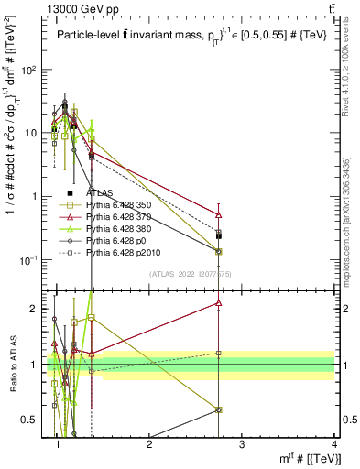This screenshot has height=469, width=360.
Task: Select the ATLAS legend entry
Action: [x=101, y=193]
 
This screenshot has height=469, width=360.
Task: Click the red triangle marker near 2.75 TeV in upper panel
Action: [x=218, y=214]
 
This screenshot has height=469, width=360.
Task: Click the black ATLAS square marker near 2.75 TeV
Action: [x=218, y=235]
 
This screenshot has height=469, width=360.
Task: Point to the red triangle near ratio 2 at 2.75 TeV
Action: [x=218, y=302]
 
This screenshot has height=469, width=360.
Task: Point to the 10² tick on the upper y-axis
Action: [x=31, y=70]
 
